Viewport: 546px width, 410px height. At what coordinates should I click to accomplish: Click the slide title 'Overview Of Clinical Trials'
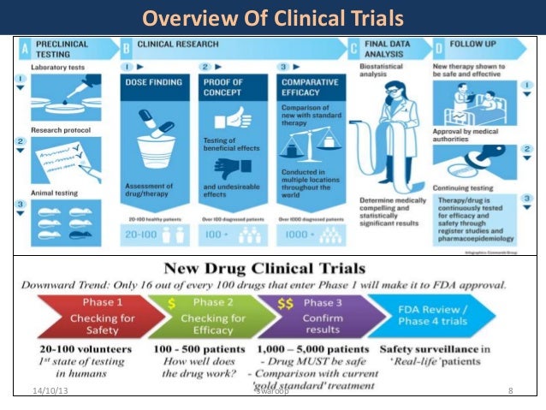[272, 18]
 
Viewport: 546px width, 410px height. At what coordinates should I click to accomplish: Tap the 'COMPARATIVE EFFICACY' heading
[312, 87]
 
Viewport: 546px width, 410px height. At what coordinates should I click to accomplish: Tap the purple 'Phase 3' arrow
[317, 313]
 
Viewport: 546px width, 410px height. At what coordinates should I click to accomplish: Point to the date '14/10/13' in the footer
[44, 391]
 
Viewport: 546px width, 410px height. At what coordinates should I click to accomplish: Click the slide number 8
[510, 391]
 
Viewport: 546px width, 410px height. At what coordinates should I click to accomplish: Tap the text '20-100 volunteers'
[74, 349]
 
